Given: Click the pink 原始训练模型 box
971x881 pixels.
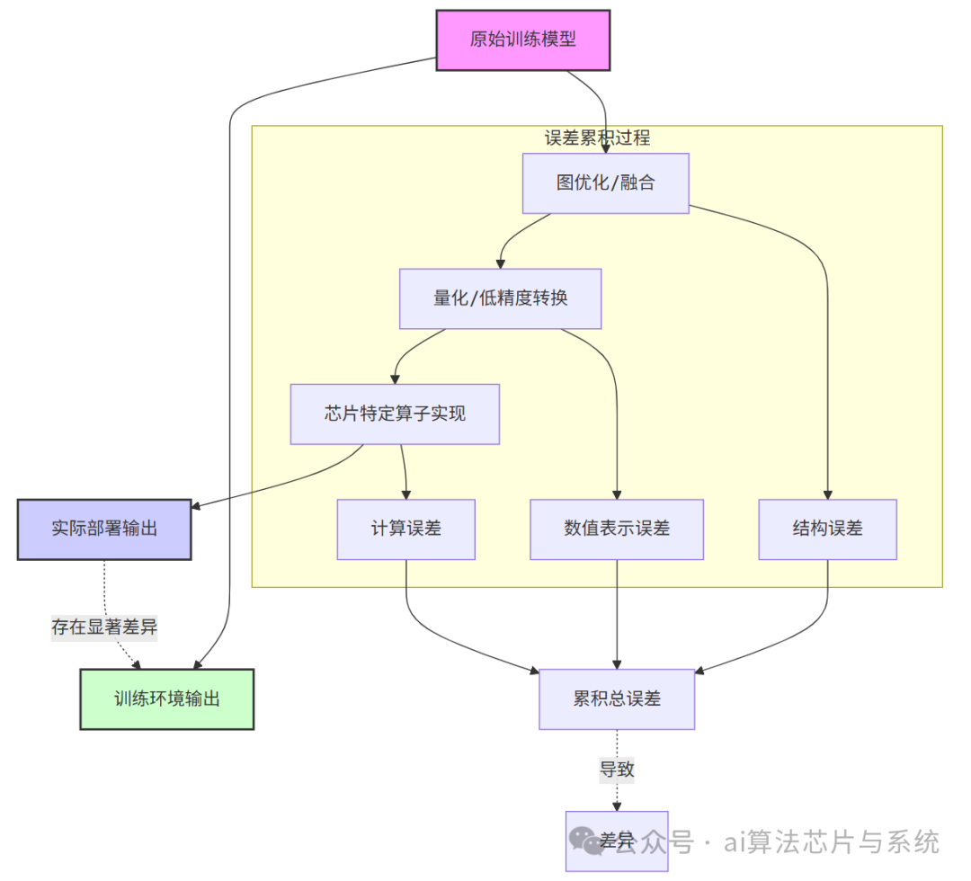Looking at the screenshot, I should [x=522, y=40].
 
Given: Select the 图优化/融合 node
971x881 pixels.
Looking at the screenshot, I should [x=605, y=183].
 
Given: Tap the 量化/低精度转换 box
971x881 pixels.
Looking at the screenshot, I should [x=500, y=298].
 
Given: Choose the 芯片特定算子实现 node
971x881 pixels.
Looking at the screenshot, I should [x=394, y=414].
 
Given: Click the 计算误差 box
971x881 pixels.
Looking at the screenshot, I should [x=405, y=529].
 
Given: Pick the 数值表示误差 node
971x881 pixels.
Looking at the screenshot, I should [x=617, y=529].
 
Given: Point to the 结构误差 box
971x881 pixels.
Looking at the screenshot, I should [x=827, y=529].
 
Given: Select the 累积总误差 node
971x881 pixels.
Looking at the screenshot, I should [x=617, y=699].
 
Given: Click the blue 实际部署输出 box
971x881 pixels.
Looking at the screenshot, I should [x=104, y=529].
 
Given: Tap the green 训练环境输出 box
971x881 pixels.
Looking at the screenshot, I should [x=166, y=699].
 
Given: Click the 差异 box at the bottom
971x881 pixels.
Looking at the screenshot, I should [x=617, y=841].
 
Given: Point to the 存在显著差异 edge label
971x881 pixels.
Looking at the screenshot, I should [x=104, y=627].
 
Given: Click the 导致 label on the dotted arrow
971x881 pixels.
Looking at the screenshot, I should [x=617, y=770].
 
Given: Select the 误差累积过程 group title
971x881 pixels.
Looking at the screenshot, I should [x=597, y=138].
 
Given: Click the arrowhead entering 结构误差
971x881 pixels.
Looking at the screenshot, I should [x=827, y=494].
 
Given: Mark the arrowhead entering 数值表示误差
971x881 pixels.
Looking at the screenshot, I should [x=617, y=494].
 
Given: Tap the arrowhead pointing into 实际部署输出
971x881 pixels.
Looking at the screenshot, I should [x=197, y=506].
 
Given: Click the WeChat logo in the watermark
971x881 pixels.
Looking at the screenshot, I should [x=590, y=841].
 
